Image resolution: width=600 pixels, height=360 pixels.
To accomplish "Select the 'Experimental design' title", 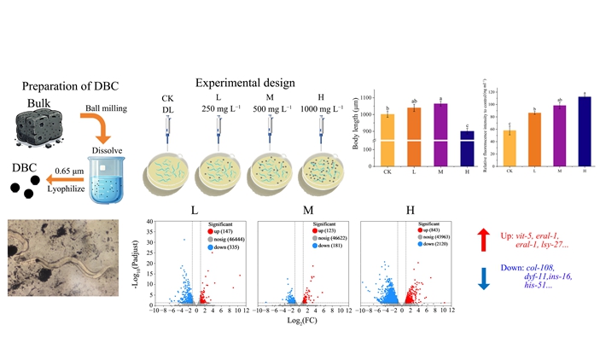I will point(245,83).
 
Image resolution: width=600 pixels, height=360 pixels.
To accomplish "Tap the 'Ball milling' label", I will point(108,110).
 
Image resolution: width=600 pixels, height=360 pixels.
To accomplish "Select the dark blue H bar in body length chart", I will point(466,146).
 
